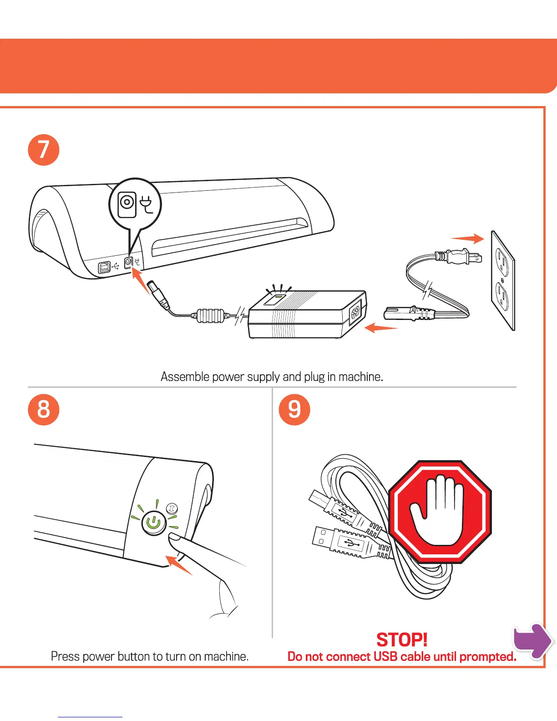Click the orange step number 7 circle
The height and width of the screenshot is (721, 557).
(44, 150)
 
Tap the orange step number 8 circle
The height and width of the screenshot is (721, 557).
(44, 409)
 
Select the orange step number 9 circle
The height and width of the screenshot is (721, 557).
(294, 409)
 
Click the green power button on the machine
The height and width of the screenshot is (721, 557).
(154, 523)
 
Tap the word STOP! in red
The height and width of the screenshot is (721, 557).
(402, 640)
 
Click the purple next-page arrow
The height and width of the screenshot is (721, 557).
(532, 640)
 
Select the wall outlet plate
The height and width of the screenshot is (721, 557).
(503, 280)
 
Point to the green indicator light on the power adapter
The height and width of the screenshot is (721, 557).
(276, 299)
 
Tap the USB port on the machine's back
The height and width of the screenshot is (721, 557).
(104, 267)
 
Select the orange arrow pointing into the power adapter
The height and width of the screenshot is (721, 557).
(381, 327)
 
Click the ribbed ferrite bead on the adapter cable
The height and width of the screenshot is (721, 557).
(211, 315)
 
